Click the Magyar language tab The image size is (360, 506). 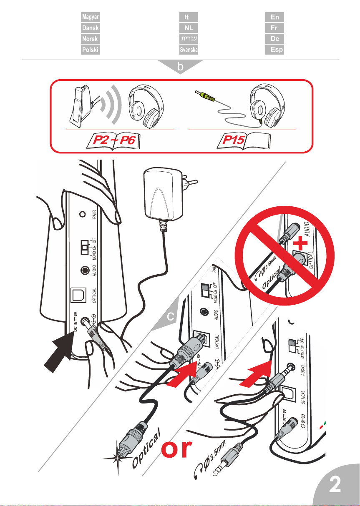point(91,17)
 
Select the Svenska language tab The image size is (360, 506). point(189,50)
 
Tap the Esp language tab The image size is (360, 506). point(274,50)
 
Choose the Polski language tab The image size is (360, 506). point(91,50)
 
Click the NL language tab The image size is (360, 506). point(189,28)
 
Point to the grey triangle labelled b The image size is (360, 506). point(180,66)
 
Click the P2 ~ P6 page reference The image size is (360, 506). point(113,141)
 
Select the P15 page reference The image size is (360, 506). point(243,140)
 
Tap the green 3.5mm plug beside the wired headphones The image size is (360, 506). point(205,95)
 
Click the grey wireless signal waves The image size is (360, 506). point(111,104)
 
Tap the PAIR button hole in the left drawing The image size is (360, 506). point(83,214)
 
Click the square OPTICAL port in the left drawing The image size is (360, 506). point(78,295)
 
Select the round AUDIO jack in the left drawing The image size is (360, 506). point(85,270)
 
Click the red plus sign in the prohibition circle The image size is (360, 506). point(300,243)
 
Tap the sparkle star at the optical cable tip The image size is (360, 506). point(118,458)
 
